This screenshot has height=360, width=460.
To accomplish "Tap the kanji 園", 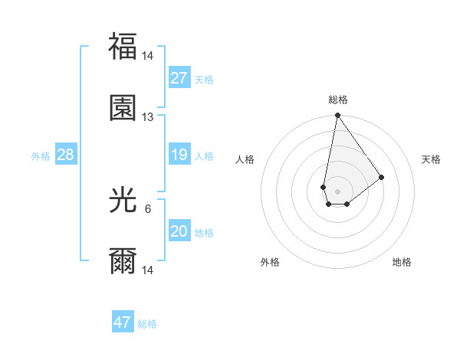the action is [x=123, y=108].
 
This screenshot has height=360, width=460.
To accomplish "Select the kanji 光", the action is [x=123, y=201].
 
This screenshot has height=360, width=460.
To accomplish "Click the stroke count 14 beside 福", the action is [x=148, y=56].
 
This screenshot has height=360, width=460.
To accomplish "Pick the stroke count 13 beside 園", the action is [x=148, y=117].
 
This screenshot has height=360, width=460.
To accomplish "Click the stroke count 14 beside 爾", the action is [x=148, y=270].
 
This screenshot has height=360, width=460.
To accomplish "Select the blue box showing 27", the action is [x=179, y=78].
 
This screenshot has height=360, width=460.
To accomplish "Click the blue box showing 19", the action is [x=179, y=155].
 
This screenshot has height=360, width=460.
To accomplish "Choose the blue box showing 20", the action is [x=179, y=231].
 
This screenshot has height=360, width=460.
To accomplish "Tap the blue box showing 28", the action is [x=66, y=155].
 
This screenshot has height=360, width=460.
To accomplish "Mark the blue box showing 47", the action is [x=123, y=322].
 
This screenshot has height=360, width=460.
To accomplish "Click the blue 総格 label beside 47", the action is [x=147, y=324].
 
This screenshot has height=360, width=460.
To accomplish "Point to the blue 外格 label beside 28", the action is [x=41, y=156].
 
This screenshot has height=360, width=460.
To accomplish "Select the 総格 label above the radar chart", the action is [x=337, y=100].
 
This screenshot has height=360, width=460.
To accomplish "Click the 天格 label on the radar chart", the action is [x=432, y=159].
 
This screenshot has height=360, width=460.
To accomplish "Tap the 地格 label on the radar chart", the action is [x=402, y=263].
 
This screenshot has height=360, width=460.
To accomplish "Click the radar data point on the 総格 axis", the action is [x=337, y=116].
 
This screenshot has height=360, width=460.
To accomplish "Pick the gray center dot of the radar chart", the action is [x=337, y=189].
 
